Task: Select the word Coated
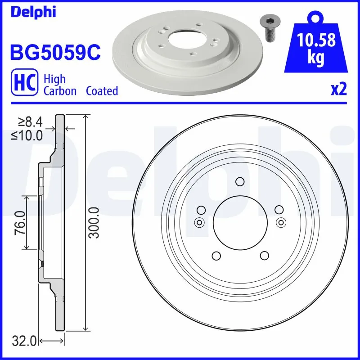[102, 91]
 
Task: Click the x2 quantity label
[338, 90]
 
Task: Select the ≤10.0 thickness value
[27, 135]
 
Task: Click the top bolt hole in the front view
[240, 182]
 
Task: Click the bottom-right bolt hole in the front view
[264, 256]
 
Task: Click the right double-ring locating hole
[280, 221]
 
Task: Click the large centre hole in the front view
[240, 223]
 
